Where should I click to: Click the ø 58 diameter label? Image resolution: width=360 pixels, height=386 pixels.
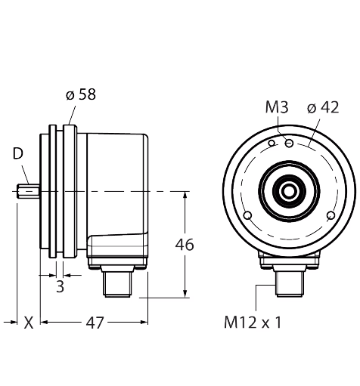81,94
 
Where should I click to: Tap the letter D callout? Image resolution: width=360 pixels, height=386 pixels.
18,153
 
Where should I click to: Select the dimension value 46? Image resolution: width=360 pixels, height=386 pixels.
185,245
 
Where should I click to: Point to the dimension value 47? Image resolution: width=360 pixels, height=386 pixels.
95,323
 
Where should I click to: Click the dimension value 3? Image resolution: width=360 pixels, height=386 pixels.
60,286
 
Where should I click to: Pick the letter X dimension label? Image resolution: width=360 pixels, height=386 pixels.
29,323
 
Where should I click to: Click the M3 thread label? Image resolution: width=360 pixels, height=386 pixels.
277,107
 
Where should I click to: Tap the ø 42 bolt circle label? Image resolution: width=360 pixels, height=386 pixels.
323,107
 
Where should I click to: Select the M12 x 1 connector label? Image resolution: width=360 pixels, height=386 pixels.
253,323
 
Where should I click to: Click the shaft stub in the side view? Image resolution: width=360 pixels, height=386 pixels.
28,192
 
